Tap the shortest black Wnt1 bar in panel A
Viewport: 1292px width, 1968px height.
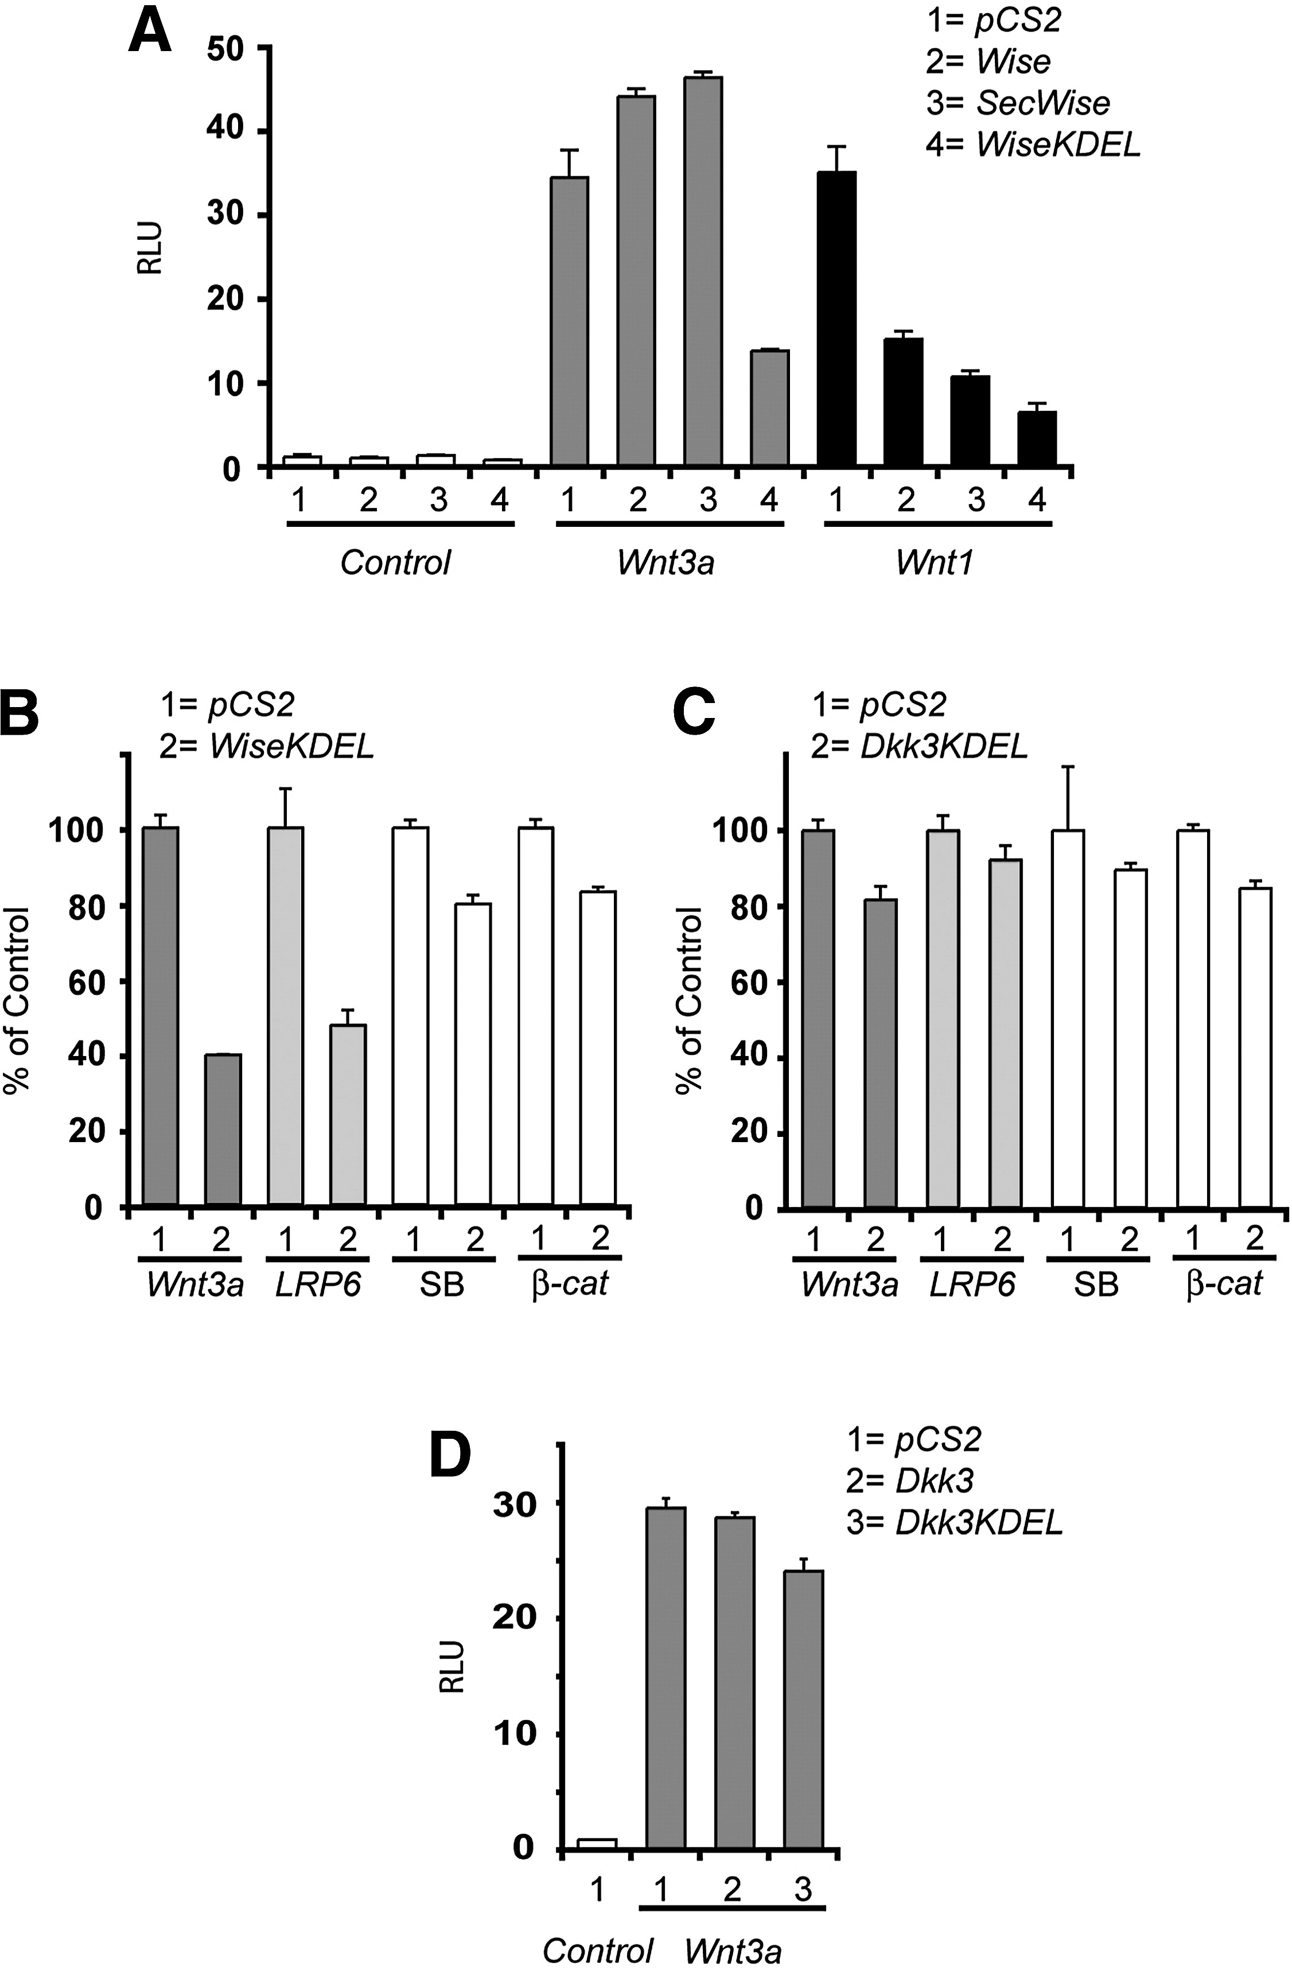[1037, 438]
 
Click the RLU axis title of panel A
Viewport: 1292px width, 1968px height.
[149, 247]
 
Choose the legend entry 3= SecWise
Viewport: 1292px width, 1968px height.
[1018, 103]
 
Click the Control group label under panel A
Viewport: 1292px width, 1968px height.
[395, 562]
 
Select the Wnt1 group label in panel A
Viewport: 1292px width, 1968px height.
[935, 562]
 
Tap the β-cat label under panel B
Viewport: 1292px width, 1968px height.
[570, 1284]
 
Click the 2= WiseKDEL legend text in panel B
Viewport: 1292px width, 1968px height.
[267, 746]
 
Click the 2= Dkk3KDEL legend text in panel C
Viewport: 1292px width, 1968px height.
[919, 746]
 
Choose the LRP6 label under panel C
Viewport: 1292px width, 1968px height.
[973, 1284]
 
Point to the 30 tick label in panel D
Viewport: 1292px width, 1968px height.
[514, 1505]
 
